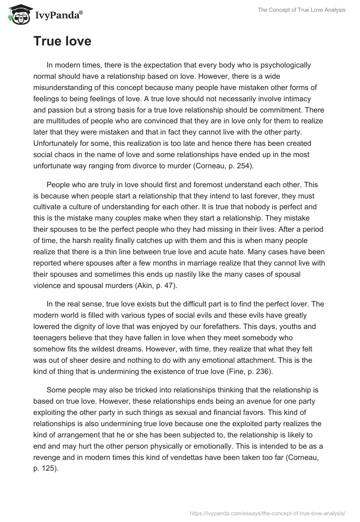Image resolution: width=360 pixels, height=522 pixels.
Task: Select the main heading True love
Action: click(62, 41)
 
